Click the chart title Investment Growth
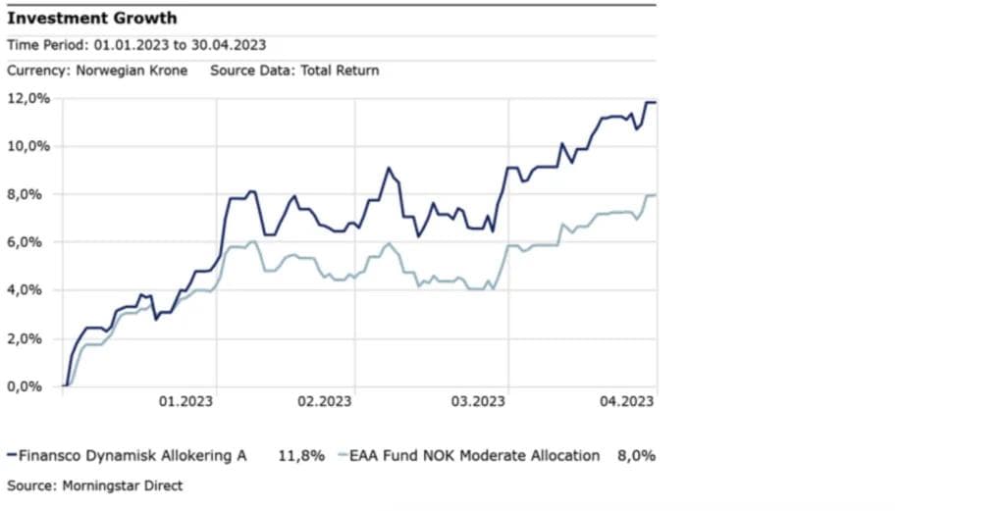(x=92, y=19)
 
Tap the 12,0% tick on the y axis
(x=28, y=98)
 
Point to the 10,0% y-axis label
(x=28, y=146)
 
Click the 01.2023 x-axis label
(x=186, y=401)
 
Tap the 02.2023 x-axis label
(x=324, y=401)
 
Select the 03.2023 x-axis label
(x=477, y=401)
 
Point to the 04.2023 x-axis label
(x=626, y=401)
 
